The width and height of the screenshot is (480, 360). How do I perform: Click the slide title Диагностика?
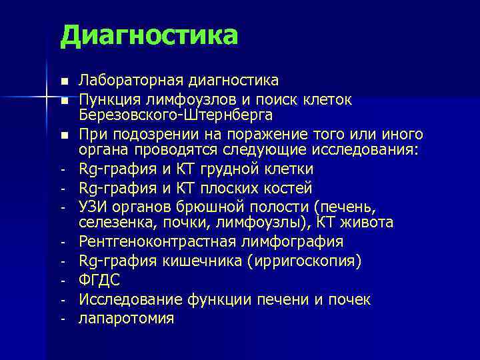pos(148,35)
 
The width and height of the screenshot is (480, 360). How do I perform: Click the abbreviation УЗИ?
pos(93,207)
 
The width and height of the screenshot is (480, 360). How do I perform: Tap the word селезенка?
pos(112,221)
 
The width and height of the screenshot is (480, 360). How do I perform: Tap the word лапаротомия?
pos(126,319)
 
